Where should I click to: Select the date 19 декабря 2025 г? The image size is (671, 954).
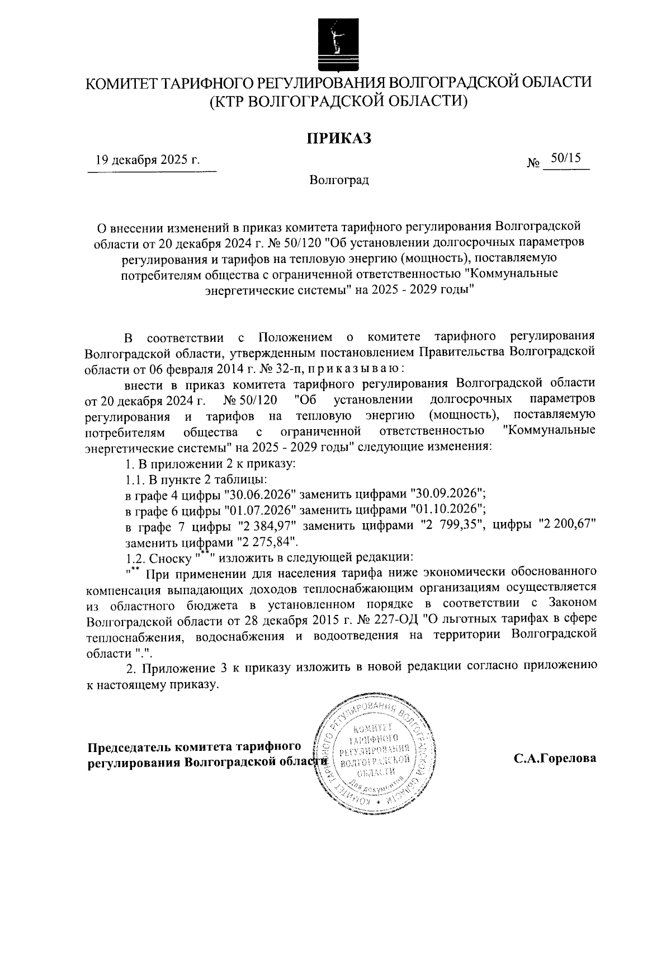click(x=148, y=160)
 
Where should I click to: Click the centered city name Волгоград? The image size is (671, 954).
click(x=339, y=181)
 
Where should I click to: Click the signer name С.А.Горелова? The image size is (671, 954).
click(x=555, y=759)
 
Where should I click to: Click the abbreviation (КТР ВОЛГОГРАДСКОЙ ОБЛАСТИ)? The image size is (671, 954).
click(x=338, y=101)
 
